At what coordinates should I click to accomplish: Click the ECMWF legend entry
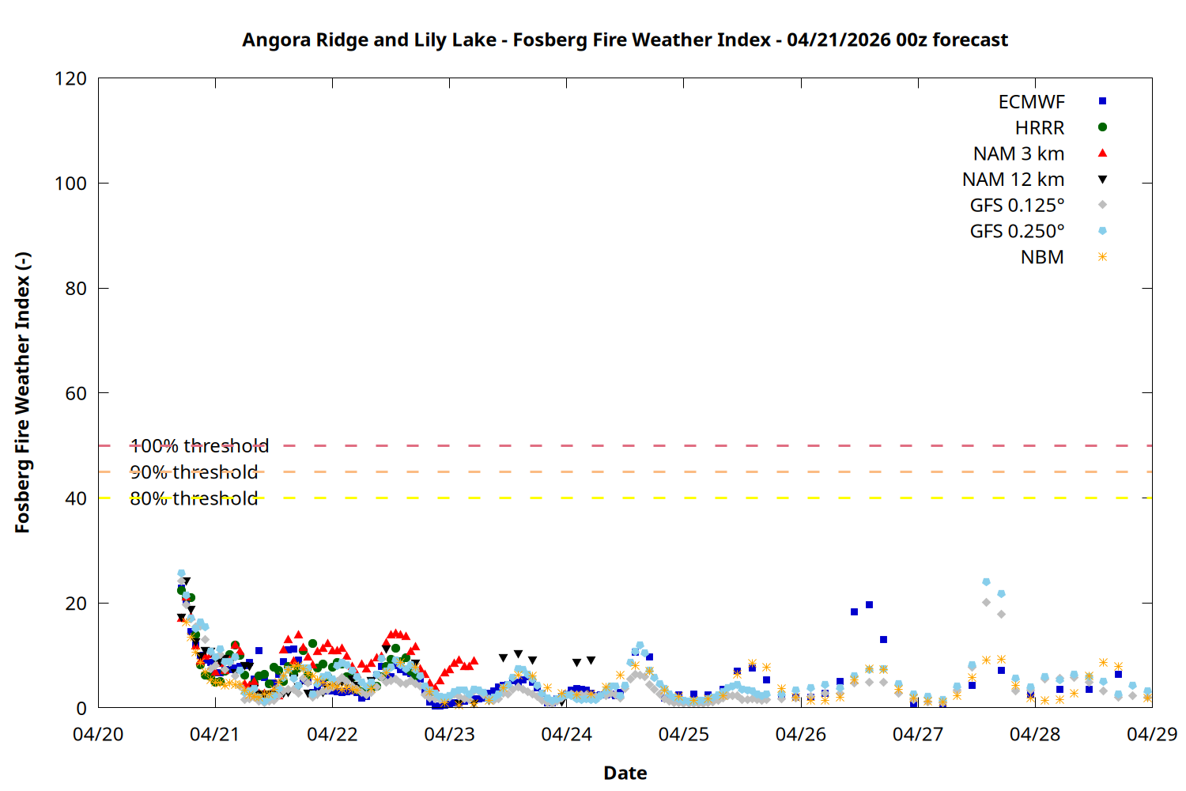pyautogui.click(x=1031, y=102)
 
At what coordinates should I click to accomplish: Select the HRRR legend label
pyautogui.click(x=1040, y=128)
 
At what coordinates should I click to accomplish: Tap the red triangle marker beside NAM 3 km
pyautogui.click(x=1102, y=153)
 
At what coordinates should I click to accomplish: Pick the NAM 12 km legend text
pyautogui.click(x=1013, y=180)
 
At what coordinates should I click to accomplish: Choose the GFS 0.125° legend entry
pyautogui.click(x=1017, y=206)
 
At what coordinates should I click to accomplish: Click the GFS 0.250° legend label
pyautogui.click(x=1017, y=232)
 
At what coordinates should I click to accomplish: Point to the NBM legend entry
pyautogui.click(x=1042, y=258)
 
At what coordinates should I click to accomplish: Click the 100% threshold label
pyautogui.click(x=199, y=446)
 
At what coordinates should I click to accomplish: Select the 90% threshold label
pyautogui.click(x=194, y=472)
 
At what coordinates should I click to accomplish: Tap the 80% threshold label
pyautogui.click(x=194, y=498)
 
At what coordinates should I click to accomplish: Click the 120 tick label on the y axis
pyautogui.click(x=70, y=78)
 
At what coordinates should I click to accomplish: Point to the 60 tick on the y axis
pyautogui.click(x=76, y=393)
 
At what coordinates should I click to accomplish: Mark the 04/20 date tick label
pyautogui.click(x=98, y=734)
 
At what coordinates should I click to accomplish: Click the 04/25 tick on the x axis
pyautogui.click(x=684, y=734)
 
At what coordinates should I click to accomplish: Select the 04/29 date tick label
pyautogui.click(x=1152, y=734)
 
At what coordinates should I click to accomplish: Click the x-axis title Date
pyautogui.click(x=625, y=773)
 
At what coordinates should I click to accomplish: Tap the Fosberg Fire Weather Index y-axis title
pyautogui.click(x=22, y=393)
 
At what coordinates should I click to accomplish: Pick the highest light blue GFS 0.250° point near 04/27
pyautogui.click(x=986, y=582)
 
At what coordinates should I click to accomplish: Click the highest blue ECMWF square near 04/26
pyautogui.click(x=869, y=605)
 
